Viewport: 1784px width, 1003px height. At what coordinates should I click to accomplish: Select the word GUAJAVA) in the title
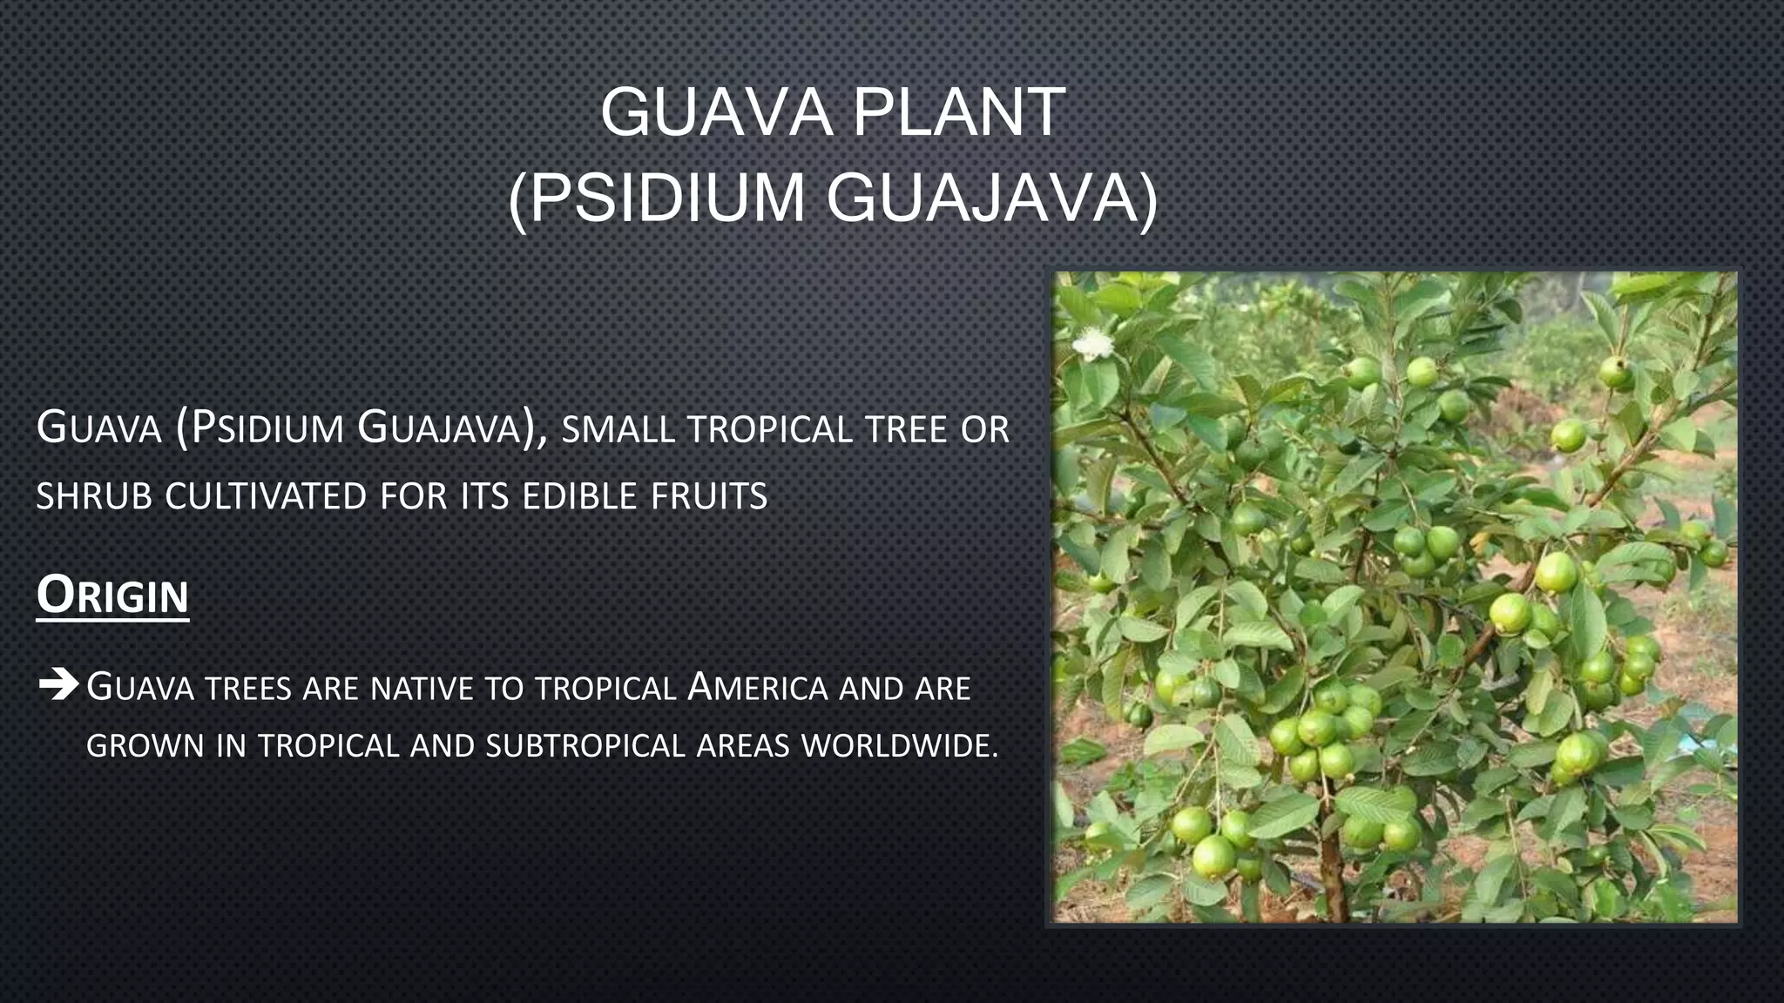pos(992,199)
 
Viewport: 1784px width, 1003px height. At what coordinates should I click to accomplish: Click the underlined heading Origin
pos(112,596)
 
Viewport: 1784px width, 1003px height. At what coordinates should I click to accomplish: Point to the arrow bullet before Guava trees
pos(58,686)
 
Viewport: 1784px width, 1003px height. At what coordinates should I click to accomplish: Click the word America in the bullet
pos(757,688)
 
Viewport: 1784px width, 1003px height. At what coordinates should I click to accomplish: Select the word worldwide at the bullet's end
pos(900,746)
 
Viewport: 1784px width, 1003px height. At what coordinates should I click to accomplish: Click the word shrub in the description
pos(93,496)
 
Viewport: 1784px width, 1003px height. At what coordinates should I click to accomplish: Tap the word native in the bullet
pos(422,689)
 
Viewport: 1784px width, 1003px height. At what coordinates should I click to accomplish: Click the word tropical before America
pos(605,689)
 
